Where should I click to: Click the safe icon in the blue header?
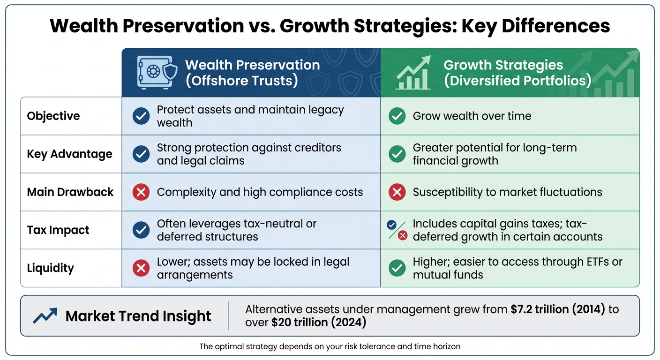[x=157, y=73]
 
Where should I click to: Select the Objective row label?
[x=53, y=116]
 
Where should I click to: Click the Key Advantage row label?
[x=69, y=154]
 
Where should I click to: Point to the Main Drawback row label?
[x=70, y=192]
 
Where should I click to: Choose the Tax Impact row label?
[x=58, y=230]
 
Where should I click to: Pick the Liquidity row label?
[x=50, y=268]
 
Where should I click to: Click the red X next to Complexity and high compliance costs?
[x=141, y=192]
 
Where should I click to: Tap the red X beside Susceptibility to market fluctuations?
[x=397, y=192]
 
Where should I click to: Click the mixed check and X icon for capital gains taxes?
[x=397, y=230]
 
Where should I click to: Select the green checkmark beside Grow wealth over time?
[x=397, y=116]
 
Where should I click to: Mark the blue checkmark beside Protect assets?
[x=141, y=116]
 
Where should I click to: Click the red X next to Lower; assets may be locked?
[x=141, y=268]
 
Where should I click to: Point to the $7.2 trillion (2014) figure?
[x=558, y=309]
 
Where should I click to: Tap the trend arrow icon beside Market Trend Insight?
[x=45, y=316]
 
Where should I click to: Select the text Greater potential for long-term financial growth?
[x=495, y=154]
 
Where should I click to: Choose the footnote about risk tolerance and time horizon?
[x=330, y=347]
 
